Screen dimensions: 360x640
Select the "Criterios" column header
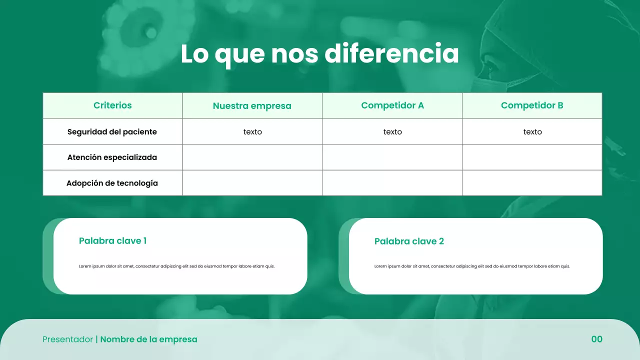(112, 105)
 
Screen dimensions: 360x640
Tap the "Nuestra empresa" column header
(252, 106)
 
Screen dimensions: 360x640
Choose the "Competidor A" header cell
(392, 105)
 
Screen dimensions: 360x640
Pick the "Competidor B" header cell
(532, 105)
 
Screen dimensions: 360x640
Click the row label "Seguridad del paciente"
(112, 132)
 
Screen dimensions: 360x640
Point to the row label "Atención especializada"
(112, 157)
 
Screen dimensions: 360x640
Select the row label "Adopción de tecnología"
(112, 183)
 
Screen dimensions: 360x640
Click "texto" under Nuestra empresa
(252, 132)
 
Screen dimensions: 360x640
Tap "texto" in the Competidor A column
(392, 132)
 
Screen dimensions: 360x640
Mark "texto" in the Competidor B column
(532, 132)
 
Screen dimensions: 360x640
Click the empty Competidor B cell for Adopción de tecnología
(532, 183)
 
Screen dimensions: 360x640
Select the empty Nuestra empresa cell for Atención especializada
(252, 157)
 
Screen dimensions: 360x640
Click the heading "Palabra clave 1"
(112, 241)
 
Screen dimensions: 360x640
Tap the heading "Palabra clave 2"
(409, 241)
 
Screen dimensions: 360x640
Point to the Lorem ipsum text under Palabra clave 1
(176, 266)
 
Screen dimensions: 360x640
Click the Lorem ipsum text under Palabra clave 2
(472, 266)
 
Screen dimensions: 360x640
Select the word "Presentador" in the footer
(67, 339)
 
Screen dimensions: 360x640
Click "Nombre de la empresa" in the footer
(148, 339)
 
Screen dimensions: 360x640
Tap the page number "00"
(596, 339)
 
